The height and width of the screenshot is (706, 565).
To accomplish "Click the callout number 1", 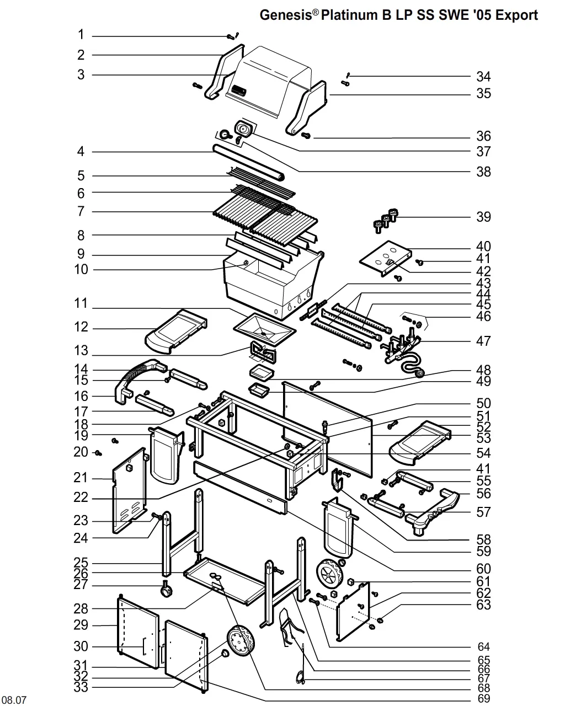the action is click(81, 34).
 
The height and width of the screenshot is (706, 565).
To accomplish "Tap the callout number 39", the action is click(483, 217).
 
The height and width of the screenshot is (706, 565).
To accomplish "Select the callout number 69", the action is click(484, 699).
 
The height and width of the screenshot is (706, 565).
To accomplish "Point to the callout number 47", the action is click(483, 341).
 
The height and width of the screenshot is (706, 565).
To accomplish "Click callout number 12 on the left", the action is click(81, 327).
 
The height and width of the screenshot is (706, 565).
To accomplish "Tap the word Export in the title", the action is click(516, 15).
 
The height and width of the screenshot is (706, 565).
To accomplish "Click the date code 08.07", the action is click(14, 700).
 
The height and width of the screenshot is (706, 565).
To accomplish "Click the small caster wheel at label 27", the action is click(166, 589).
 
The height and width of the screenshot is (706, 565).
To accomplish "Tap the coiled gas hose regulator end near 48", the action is click(419, 373).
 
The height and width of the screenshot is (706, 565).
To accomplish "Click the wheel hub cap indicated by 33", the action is click(225, 654).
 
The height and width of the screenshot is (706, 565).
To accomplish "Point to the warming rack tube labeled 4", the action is click(248, 162).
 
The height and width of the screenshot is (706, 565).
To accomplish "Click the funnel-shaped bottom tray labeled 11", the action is click(265, 329).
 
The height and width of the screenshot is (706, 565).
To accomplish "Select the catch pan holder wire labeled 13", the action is click(263, 352).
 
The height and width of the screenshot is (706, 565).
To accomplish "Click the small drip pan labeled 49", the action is click(259, 391).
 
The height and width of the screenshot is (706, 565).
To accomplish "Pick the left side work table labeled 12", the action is click(176, 331).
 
